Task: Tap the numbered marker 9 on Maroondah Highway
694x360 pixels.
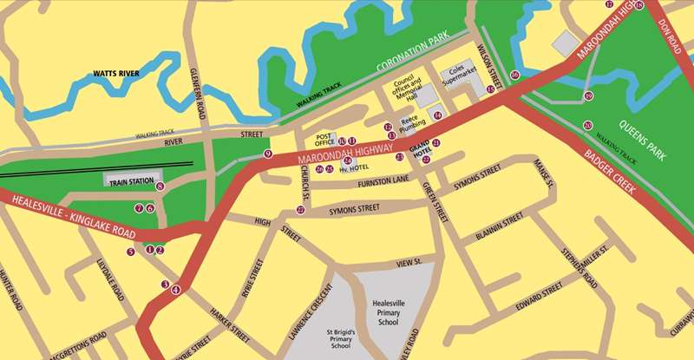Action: pyautogui.click(x=268, y=154)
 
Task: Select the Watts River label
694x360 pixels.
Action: pyautogui.click(x=117, y=75)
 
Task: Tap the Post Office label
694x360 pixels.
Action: pyautogui.click(x=325, y=140)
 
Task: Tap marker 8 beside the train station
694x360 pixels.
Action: pyautogui.click(x=160, y=186)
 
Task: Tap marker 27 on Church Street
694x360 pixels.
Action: pyautogui.click(x=300, y=210)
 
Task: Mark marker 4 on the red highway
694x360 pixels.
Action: pyautogui.click(x=176, y=290)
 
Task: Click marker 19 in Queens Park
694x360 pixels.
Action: pyautogui.click(x=588, y=96)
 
